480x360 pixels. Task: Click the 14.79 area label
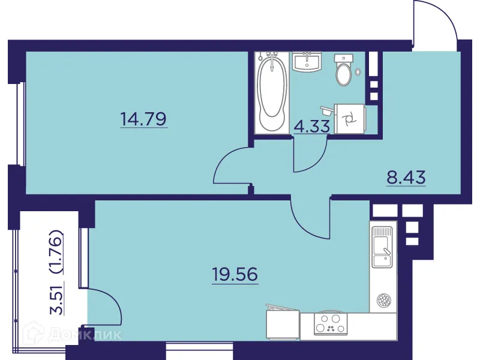coord(143,118)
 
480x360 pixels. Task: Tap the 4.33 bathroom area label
coord(309,127)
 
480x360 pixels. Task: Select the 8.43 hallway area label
coord(406,178)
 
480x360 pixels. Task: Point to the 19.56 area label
coord(235,274)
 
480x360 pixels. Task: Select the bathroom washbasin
coord(308,62)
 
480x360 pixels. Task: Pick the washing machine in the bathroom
coord(349,119)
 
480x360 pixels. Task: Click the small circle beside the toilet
coord(358,71)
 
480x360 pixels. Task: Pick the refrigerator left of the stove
coord(281,325)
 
